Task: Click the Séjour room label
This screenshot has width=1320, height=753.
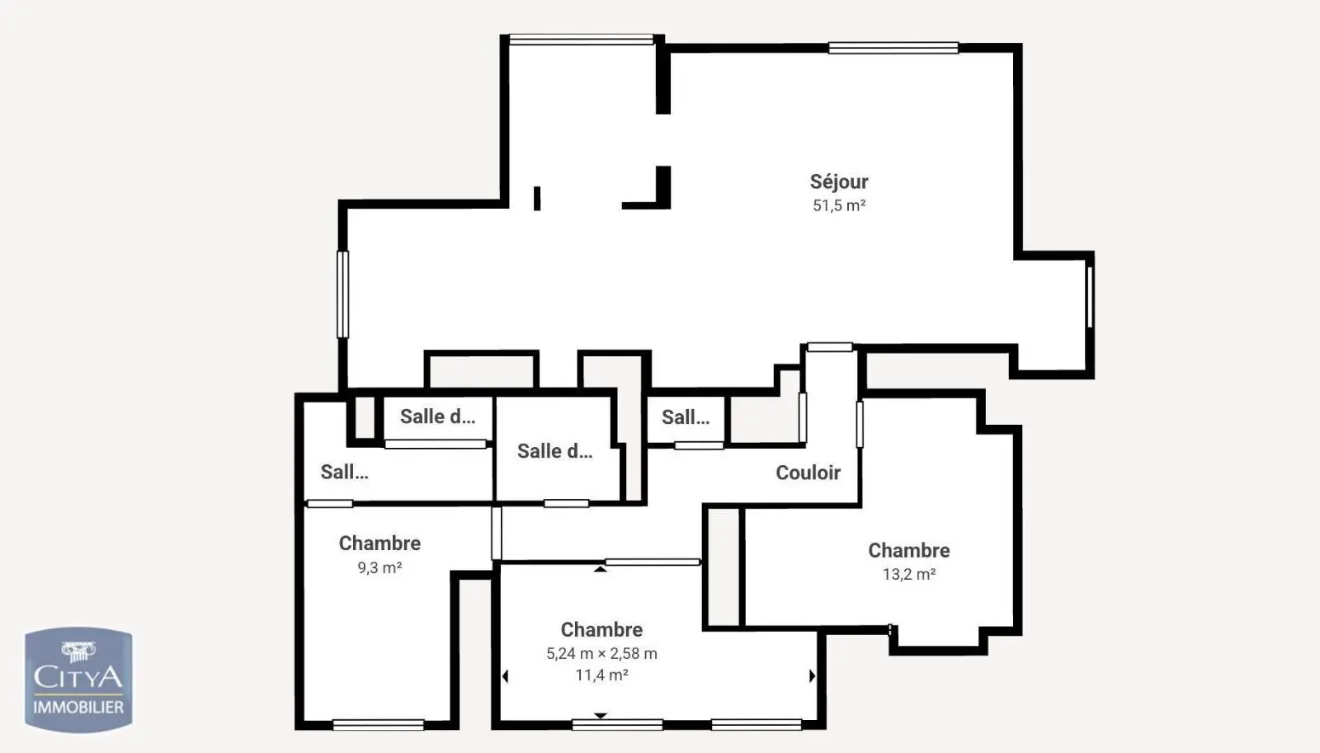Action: coord(838,181)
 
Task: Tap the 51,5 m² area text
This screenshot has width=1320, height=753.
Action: coord(838,205)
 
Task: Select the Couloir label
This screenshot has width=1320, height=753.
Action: coord(808,473)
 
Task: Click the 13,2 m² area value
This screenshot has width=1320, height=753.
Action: coord(908,574)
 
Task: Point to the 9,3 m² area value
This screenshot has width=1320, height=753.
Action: coord(379,567)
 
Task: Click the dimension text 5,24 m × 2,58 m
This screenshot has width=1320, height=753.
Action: coord(601,653)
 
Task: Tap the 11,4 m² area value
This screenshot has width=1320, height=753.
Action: coord(601,675)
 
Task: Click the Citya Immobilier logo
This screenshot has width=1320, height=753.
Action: coord(78,680)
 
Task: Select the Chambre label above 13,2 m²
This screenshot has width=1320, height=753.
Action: coord(908,550)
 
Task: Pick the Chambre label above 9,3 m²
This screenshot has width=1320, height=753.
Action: coord(379,544)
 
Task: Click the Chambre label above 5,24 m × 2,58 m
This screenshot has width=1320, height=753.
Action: coord(601,630)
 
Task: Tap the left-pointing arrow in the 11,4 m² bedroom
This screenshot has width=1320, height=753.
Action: coord(505,676)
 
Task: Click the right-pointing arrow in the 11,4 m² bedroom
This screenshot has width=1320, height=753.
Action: coord(812,675)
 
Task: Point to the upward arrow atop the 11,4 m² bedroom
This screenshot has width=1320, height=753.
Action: coord(600,569)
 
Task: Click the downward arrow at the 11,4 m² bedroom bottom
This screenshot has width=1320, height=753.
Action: coord(600,715)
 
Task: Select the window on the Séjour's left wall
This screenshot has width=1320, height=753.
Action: coord(342,294)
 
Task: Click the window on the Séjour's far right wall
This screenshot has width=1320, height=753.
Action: coord(1090,297)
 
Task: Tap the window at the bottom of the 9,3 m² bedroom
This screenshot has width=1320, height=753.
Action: coord(379,725)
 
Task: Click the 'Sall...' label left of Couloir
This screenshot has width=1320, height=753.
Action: coord(686,418)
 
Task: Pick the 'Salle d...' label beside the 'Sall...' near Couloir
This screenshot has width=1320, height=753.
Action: coord(554,451)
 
